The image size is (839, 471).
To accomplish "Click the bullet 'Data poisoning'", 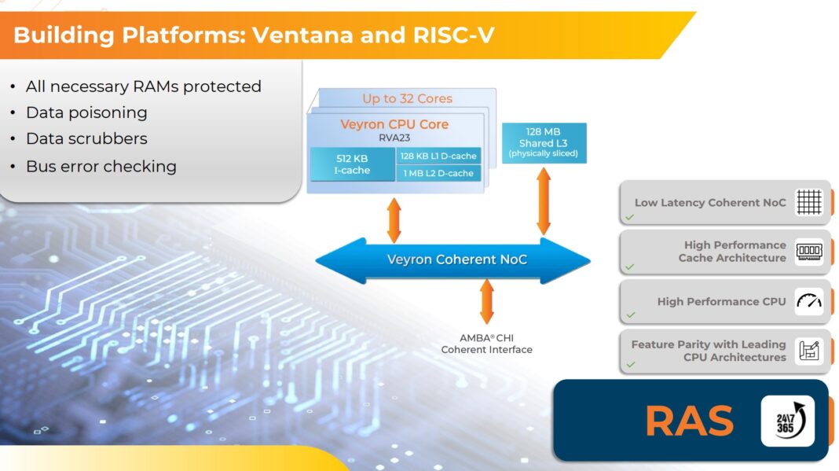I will click(x=86, y=112).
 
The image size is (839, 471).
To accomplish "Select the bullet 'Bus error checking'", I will click(x=101, y=166).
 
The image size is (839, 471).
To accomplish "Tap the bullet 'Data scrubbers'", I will click(x=86, y=138).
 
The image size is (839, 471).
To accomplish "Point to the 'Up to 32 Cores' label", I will click(x=407, y=98).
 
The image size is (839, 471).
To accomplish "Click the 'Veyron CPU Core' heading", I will click(x=394, y=124).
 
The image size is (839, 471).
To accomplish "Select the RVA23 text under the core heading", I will click(x=394, y=138).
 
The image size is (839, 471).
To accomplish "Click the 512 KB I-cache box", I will click(x=353, y=164).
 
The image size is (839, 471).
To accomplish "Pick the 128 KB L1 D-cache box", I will click(x=438, y=156).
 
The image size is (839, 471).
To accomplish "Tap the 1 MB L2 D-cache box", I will click(x=438, y=173).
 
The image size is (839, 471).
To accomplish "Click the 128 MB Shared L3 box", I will click(x=544, y=142).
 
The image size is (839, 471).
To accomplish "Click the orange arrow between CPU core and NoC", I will click(x=394, y=220).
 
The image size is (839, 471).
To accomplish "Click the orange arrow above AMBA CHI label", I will click(x=486, y=301).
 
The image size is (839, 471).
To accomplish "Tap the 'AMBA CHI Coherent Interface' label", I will click(x=486, y=344).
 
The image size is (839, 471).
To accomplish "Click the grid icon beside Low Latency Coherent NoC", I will click(x=808, y=202).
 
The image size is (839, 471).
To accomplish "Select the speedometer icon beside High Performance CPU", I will click(x=808, y=301).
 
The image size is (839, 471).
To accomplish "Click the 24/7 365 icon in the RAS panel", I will click(x=787, y=421).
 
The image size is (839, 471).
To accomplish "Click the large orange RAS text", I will click(x=689, y=421).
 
